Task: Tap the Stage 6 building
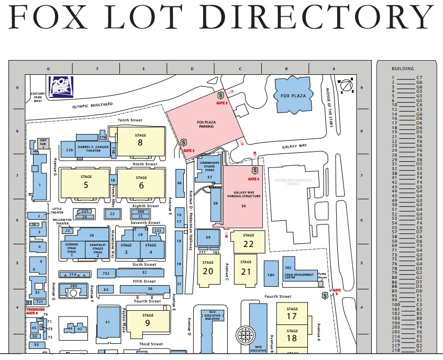pyautogui.click(x=141, y=183)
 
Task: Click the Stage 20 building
pyautogui.click(x=208, y=268)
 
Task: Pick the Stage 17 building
pyautogui.click(x=292, y=313)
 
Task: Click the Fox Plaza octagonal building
pyautogui.click(x=293, y=95)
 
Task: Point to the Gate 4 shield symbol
pyautogui.click(x=254, y=171)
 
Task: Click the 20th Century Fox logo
pyautogui.click(x=61, y=85)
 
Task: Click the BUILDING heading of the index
pyautogui.click(x=403, y=69)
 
